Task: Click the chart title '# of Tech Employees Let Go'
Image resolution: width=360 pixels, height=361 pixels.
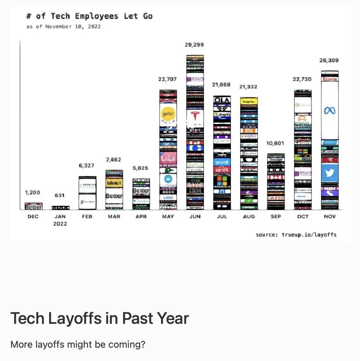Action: coord(89,16)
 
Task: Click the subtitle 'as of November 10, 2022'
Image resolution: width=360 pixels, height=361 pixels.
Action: coord(63,27)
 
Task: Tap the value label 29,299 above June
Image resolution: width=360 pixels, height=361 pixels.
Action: coord(194,45)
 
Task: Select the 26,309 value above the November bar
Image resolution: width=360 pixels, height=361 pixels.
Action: coord(329,60)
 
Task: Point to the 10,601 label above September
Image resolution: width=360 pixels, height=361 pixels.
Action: coord(275,144)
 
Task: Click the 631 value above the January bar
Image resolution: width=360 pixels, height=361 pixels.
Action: coord(60,196)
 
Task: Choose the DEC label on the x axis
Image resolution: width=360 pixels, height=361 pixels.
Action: coord(33,216)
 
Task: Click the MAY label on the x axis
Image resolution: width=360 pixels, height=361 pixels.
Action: coord(168,216)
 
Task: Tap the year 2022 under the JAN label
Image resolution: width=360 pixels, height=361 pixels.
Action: coord(60,224)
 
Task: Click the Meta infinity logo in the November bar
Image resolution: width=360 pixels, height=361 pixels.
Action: coord(330,110)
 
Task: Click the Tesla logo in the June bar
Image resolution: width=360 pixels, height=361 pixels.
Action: coord(195,116)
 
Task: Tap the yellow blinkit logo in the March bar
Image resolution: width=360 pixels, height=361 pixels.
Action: coord(114,183)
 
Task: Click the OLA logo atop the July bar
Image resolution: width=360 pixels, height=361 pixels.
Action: coord(222,100)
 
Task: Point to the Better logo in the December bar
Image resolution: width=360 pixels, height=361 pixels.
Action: coord(34,207)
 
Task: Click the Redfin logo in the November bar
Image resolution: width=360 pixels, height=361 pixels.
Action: coord(330,79)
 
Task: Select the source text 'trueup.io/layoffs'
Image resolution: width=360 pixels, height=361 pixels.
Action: coord(309,235)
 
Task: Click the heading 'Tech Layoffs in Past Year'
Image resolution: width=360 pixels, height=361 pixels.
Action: coord(100,318)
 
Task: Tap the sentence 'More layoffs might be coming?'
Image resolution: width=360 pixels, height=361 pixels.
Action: coord(78,344)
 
